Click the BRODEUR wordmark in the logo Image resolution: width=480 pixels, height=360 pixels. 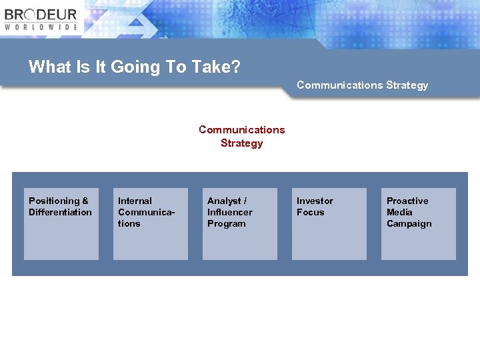coord(41,14)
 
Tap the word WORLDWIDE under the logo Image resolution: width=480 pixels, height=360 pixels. coord(41,27)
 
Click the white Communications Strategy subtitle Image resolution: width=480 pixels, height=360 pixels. coord(362,85)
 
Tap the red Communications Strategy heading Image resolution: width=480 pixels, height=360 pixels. coord(241,136)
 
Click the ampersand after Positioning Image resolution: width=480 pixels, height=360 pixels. coord(85,201)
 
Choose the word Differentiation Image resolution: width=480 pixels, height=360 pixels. coord(60,212)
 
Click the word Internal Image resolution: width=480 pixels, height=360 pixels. coord(135,201)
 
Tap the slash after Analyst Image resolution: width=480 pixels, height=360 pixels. coord(245,201)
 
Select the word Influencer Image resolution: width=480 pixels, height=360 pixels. coord(229,212)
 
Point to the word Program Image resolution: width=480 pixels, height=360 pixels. coord(226,223)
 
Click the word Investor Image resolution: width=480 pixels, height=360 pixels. coord(315,201)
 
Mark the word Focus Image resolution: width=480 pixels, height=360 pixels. coord(310,212)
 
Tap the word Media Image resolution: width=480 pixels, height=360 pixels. coord(399,212)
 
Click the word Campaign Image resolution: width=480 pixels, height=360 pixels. coord(409,223)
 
